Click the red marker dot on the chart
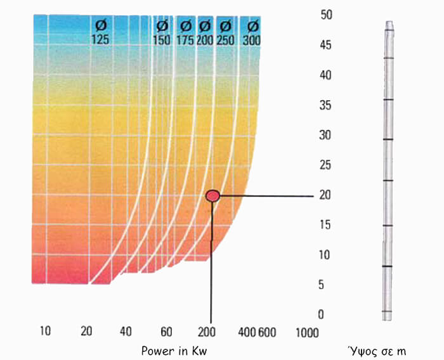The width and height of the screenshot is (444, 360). [x=212, y=196]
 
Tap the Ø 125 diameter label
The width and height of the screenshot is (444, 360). [x=100, y=33]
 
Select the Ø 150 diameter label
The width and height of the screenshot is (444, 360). [x=162, y=33]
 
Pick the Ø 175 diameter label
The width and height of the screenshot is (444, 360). [x=185, y=33]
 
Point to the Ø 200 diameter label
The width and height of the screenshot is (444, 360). [x=205, y=33]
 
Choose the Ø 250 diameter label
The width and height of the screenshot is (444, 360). [x=226, y=33]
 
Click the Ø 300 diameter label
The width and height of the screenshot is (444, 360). [x=252, y=33]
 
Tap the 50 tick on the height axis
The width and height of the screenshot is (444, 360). [x=326, y=15]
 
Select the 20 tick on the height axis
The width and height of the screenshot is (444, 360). [x=325, y=195]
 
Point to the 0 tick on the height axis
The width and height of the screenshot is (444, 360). [x=321, y=314]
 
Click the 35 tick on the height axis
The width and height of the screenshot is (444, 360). [x=325, y=105]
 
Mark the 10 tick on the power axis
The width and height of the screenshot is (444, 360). [x=45, y=331]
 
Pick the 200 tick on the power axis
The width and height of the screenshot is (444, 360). [x=207, y=332]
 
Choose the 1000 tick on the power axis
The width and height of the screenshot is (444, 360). [x=307, y=333]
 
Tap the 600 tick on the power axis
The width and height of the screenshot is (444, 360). [x=267, y=333]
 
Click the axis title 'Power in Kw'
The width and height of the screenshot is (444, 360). [x=174, y=351]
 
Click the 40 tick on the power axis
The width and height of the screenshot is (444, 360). [x=126, y=331]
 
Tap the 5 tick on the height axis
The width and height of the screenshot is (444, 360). [x=321, y=285]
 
